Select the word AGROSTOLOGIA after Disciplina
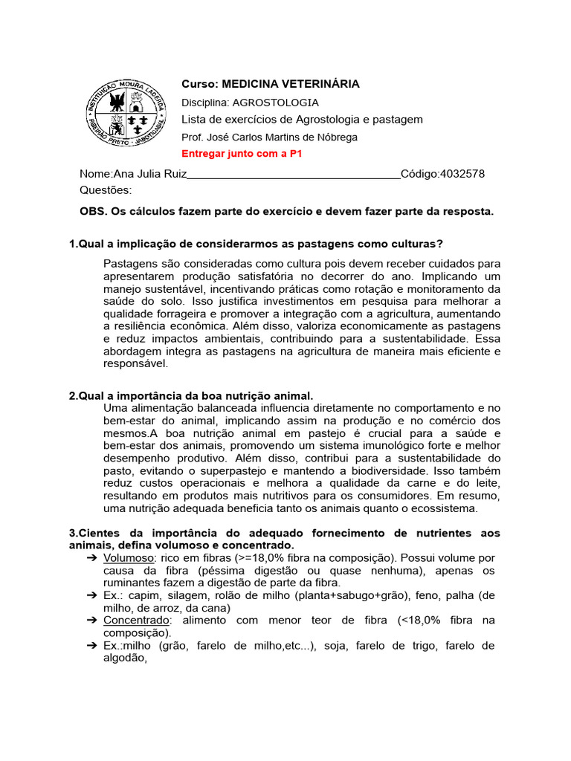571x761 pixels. tap(276, 103)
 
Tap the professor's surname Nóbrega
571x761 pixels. tap(336, 137)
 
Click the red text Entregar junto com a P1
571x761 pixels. tap(242, 154)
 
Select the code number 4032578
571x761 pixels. tap(462, 174)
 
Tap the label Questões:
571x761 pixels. tap(106, 190)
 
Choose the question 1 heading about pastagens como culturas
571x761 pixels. tap(256, 245)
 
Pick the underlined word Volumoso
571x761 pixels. tap(129, 557)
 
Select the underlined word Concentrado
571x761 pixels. tap(137, 621)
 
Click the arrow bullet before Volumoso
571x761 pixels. tap(91, 557)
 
